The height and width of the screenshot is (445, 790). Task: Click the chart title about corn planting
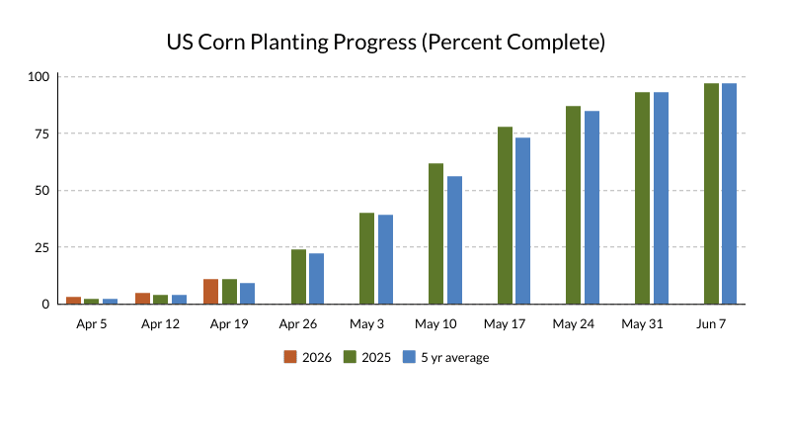tap(385, 43)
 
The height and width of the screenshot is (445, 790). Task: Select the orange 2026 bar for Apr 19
tap(210, 292)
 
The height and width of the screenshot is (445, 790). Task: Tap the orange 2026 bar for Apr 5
tap(73, 300)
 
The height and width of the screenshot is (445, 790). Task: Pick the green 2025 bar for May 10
tap(435, 233)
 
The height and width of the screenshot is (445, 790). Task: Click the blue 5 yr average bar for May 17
tap(522, 221)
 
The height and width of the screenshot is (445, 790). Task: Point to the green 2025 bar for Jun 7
tap(711, 194)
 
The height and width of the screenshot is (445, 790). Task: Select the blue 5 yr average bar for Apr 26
tap(316, 279)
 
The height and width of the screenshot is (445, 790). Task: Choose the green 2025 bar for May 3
tap(366, 258)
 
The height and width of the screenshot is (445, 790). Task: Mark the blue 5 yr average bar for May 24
tap(592, 208)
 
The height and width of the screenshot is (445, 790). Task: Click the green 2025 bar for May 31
tap(642, 198)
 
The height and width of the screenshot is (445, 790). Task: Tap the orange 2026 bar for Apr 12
tap(142, 298)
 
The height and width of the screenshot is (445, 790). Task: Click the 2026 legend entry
tap(307, 357)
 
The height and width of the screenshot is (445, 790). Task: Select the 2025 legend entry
tap(366, 357)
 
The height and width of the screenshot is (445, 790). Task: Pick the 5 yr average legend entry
tap(445, 357)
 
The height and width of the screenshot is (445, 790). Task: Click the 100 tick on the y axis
tap(39, 76)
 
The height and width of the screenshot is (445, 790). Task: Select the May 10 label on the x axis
tap(435, 323)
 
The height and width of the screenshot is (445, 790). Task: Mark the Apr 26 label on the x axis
tap(298, 323)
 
